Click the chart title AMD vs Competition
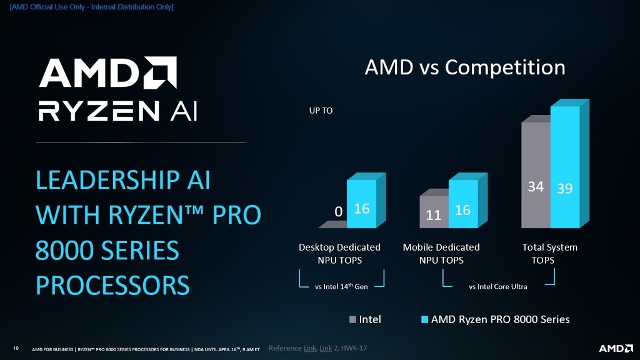point(464,67)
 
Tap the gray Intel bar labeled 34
point(536,174)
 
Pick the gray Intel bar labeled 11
point(434,212)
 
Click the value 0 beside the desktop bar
point(338,212)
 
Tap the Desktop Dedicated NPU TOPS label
point(339,254)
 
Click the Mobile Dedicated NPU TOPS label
point(441,254)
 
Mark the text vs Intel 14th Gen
point(341,287)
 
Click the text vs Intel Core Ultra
point(498,287)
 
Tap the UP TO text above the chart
point(321,111)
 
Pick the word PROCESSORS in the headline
point(112,285)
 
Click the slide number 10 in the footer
point(16,348)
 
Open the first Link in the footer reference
point(309,347)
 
